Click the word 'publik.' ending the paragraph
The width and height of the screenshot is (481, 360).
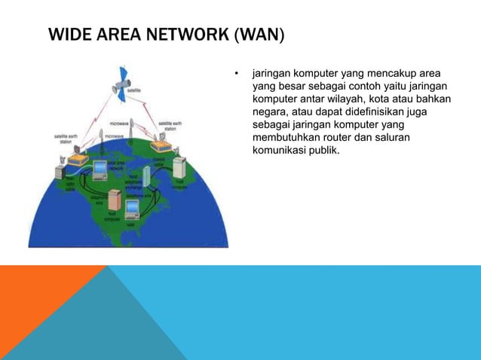322,150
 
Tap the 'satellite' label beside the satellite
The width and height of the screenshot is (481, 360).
137,91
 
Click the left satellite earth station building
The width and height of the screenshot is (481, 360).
77,159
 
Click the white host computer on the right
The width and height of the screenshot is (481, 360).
179,166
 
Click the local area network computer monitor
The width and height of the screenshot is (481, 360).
99,169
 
